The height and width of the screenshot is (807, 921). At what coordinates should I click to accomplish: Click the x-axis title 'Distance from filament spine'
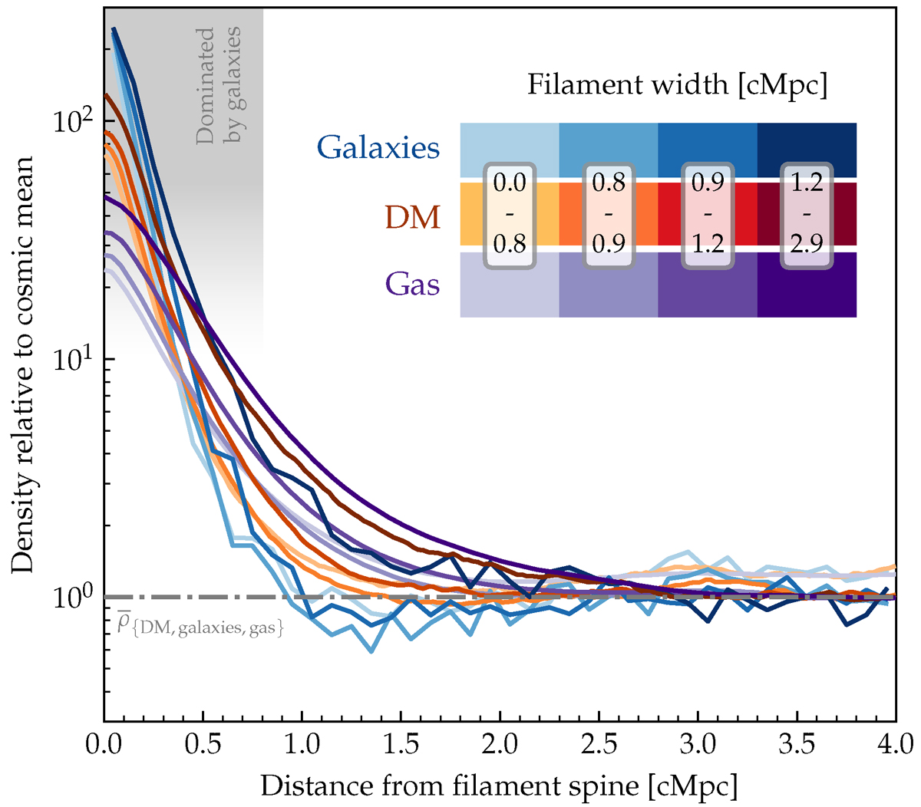tap(499, 786)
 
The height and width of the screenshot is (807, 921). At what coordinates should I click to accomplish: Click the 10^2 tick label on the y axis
tap(73, 121)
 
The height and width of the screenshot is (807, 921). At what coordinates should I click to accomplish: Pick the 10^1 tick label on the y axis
tap(73, 359)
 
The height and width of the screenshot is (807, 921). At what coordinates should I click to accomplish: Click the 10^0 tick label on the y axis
tap(73, 597)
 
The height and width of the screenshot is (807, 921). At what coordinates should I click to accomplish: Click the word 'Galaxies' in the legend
tap(378, 147)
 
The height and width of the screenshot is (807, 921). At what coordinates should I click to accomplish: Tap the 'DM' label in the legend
tap(413, 218)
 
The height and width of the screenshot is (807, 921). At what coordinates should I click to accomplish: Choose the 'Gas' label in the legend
tap(413, 285)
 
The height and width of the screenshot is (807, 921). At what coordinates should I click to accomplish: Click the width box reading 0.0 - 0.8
tap(510, 214)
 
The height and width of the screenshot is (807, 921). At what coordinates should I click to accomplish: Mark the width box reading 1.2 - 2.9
tap(807, 214)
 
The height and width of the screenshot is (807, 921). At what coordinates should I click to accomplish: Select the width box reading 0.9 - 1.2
tap(708, 214)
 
